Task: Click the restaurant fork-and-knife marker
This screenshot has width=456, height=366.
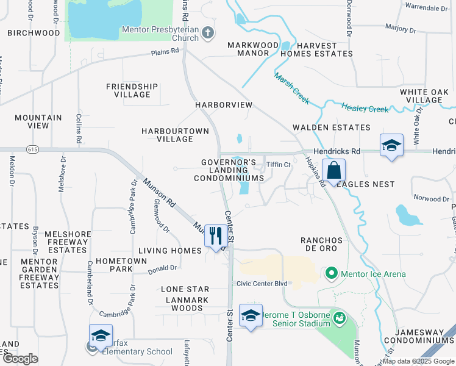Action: click(x=215, y=235)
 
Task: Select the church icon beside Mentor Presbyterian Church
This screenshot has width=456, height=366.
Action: click(x=208, y=32)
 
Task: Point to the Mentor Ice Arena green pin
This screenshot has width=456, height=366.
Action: click(x=332, y=273)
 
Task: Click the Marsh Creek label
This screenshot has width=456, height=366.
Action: click(x=292, y=88)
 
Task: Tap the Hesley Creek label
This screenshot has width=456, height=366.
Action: click(x=365, y=108)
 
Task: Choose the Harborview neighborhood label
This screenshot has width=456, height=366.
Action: click(x=224, y=105)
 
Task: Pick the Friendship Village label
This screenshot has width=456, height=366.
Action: click(x=132, y=90)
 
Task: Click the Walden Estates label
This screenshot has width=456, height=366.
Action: click(x=331, y=127)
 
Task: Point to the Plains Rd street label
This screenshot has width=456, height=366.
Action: click(x=165, y=53)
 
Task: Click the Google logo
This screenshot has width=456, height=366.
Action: click(x=20, y=358)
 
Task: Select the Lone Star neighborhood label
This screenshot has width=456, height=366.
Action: click(x=185, y=289)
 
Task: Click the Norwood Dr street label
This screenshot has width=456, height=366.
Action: click(x=431, y=198)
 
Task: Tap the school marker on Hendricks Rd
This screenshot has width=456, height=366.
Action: click(x=391, y=145)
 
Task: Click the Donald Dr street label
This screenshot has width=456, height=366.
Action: click(x=163, y=268)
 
